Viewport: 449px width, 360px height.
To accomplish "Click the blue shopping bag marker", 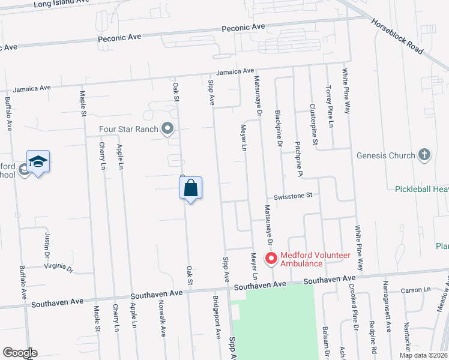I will pyautogui.click(x=190, y=188).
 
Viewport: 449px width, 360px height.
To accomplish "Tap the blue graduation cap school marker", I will pyautogui.click(x=38, y=161).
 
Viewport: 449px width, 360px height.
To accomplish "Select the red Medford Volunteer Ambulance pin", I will pyautogui.click(x=271, y=259).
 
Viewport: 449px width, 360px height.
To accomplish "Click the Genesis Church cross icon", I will pyautogui.click(x=424, y=155).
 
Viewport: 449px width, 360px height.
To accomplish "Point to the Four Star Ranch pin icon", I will pyautogui.click(x=167, y=128).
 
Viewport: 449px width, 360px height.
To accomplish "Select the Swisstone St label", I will pyautogui.click(x=294, y=195).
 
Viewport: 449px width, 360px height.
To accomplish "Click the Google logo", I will pyautogui.click(x=20, y=353).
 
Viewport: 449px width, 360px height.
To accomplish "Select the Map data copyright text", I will pyautogui.click(x=423, y=355).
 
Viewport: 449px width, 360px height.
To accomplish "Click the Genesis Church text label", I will pyautogui.click(x=385, y=155).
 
